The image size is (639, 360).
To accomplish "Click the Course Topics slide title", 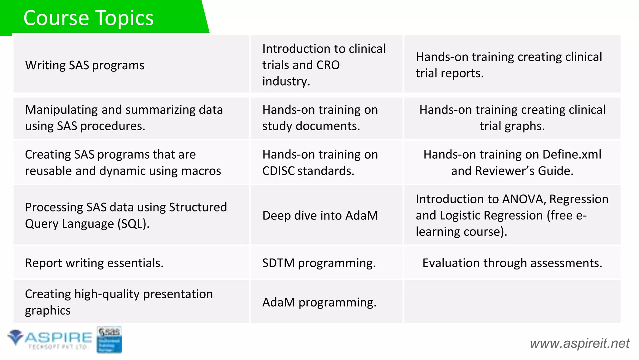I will [88, 18].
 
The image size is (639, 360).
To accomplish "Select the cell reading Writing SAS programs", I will [85, 65].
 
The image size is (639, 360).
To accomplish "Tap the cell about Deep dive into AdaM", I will [320, 215].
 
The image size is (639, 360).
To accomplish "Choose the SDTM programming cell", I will [319, 263].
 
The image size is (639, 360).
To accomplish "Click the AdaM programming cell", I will [319, 302].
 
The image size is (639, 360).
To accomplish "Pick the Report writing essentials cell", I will [94, 263].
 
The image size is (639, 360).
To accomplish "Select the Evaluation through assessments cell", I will [512, 263].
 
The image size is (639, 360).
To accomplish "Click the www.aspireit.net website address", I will [579, 343].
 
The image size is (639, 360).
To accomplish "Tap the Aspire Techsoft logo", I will [50, 339].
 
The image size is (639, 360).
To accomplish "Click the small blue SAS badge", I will [109, 340].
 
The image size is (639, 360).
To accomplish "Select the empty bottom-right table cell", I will [512, 302].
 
